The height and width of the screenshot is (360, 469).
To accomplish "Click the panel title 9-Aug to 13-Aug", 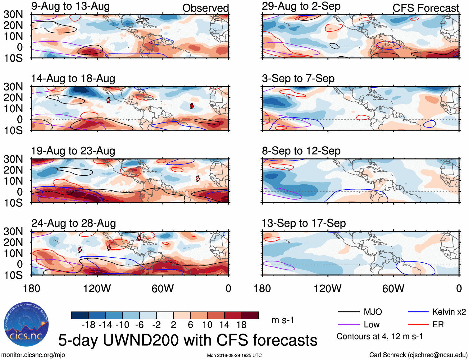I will click(x=71, y=7).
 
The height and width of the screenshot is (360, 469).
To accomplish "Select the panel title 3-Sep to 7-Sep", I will click(x=298, y=79).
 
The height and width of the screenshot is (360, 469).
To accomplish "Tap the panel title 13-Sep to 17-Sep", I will click(x=304, y=223).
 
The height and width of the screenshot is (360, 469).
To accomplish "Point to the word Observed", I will click(x=205, y=8).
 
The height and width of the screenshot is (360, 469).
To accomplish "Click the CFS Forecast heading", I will click(x=426, y=8).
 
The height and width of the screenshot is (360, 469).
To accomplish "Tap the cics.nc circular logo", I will click(x=26, y=324).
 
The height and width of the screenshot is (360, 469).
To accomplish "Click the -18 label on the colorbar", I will click(x=89, y=325).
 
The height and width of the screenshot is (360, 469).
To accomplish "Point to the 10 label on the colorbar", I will click(x=207, y=325).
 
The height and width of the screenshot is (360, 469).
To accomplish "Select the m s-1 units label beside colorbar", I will click(x=283, y=320).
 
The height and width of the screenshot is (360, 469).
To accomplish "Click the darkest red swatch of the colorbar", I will click(x=250, y=315).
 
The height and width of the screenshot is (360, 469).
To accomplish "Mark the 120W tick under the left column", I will click(x=97, y=288).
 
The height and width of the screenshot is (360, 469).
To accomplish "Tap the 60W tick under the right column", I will click(x=393, y=288).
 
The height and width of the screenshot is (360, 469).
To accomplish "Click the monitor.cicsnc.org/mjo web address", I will click(x=33, y=355).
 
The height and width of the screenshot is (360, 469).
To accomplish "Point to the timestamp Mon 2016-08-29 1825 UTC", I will click(x=234, y=355).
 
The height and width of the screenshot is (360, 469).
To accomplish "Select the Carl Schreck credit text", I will click(x=418, y=355).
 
